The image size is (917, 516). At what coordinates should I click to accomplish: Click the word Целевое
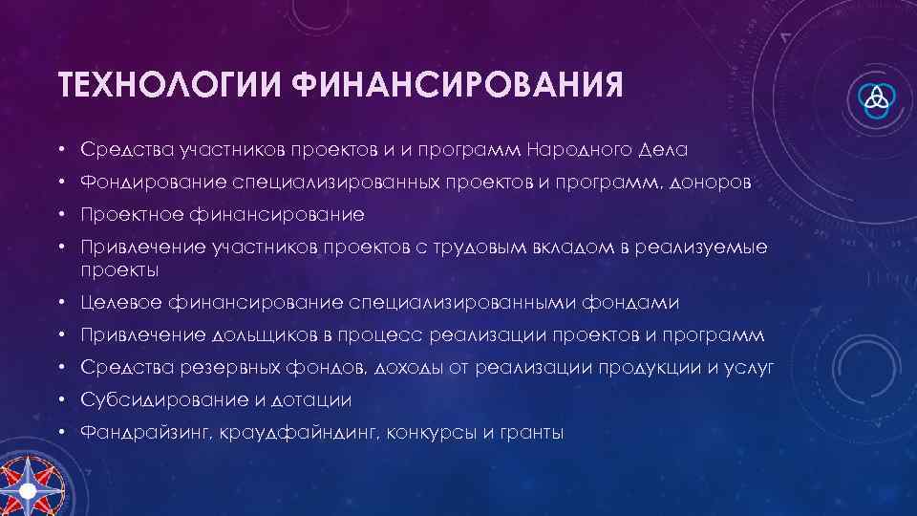pyautogui.click(x=120, y=303)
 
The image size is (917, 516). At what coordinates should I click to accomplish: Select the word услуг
pyautogui.click(x=751, y=368)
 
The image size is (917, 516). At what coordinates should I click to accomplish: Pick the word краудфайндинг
pyautogui.click(x=298, y=433)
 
